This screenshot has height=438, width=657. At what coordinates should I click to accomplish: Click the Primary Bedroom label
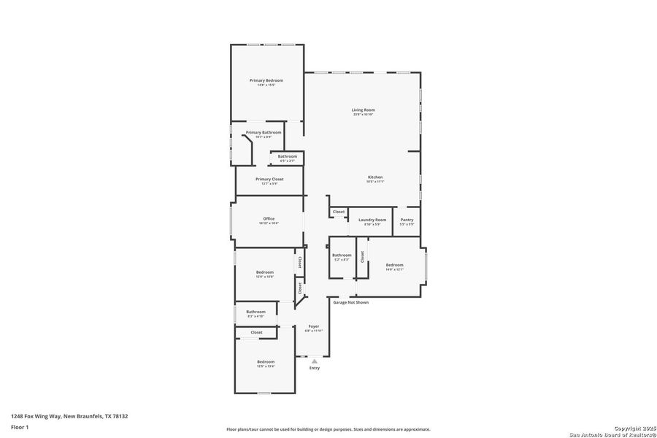266,80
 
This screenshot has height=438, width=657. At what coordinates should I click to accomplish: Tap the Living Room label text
363,109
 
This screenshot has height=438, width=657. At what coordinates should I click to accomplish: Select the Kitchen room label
374,177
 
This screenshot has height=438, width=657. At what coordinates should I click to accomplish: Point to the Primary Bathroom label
263,132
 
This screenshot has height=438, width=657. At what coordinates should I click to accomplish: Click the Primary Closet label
269,179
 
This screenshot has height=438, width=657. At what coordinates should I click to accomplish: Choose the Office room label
269,218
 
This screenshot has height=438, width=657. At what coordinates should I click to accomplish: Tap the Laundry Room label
372,219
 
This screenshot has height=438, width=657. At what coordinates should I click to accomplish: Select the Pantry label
407,219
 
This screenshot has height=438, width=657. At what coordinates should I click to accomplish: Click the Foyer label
313,326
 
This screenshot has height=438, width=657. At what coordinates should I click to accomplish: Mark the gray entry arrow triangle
314,361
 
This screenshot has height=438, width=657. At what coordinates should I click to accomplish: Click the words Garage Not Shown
350,301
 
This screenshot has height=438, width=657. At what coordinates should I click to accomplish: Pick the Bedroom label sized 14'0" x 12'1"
394,265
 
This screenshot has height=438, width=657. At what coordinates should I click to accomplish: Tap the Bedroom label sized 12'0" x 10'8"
264,272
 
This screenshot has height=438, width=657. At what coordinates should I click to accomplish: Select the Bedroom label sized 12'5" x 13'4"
265,361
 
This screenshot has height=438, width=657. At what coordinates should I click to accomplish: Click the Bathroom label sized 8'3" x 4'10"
255,312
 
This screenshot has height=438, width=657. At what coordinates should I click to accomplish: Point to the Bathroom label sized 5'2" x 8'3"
342,255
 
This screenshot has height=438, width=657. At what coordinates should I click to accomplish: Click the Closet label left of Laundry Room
338,212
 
